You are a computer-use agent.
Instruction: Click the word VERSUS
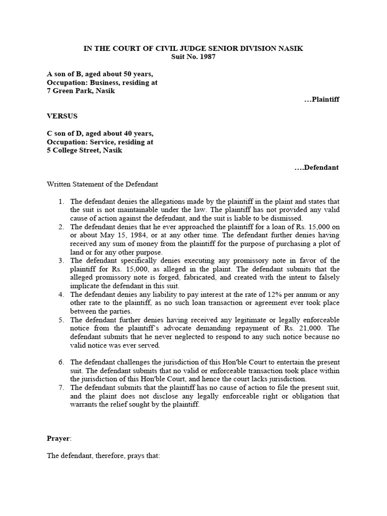[x=62, y=116]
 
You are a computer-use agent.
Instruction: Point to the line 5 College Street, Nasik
[x=84, y=150]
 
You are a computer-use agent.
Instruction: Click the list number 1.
[x=60, y=202]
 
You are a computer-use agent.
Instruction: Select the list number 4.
[x=60, y=294]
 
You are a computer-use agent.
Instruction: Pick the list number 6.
[x=60, y=362]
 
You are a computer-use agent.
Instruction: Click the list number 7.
[x=60, y=388]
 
